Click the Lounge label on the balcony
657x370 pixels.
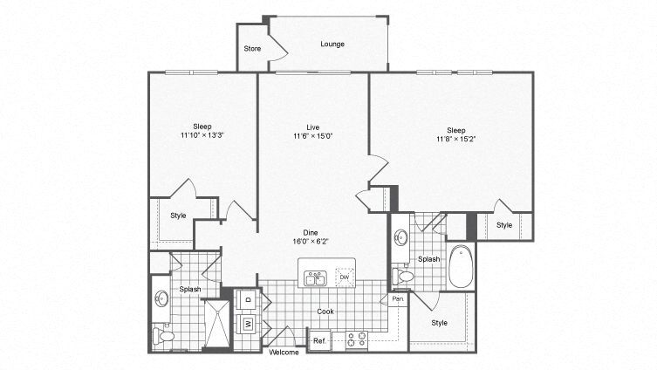332,44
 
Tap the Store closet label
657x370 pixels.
252,48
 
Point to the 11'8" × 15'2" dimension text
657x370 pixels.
455,139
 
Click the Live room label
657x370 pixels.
312,126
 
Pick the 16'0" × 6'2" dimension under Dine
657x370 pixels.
312,242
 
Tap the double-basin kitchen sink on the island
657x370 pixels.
315,279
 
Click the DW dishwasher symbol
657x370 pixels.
344,277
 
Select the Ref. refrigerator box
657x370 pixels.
319,340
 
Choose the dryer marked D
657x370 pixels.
248,299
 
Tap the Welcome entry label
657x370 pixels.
284,353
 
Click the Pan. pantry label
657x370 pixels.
398,299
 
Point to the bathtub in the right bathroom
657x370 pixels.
461,267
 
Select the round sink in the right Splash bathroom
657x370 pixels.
401,236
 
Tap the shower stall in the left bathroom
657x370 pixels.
218,325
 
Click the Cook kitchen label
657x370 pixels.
325,312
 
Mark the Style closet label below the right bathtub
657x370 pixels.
439,323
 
